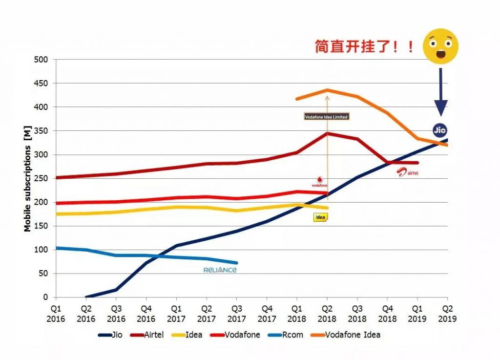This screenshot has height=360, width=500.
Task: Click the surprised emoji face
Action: coord(440,46)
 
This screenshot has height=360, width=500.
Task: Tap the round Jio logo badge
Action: coord(440,130)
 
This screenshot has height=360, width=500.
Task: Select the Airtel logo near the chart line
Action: coord(408,171)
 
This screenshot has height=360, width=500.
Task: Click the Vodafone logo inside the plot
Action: coord(319,182)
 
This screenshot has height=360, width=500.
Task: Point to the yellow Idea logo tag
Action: coord(320,217)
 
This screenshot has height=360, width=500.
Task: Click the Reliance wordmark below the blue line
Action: coord(220,270)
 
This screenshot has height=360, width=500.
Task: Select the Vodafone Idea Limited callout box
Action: coord(327,117)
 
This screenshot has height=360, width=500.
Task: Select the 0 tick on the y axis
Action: coord(46,297)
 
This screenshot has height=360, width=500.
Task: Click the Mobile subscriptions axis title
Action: coord(27,179)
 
